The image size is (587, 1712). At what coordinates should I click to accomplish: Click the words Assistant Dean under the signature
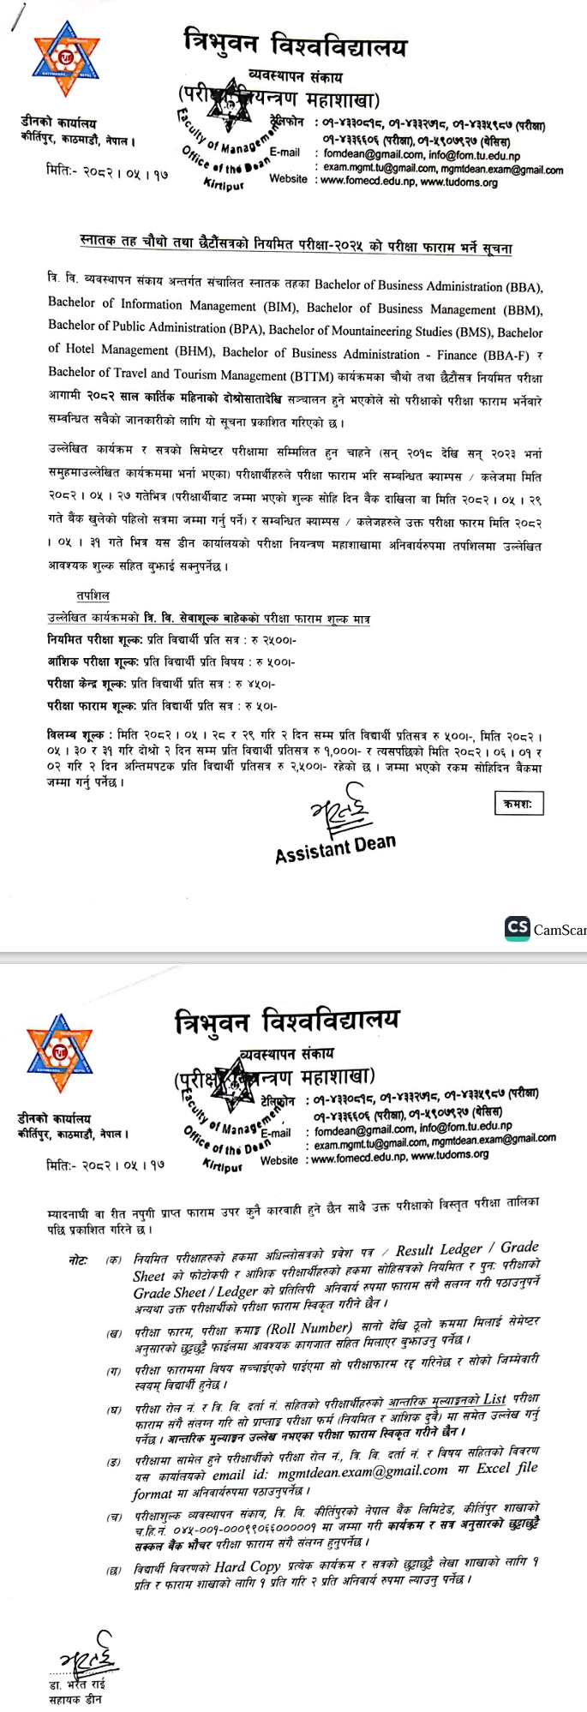coord(335,848)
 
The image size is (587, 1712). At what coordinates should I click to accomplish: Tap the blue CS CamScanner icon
coord(518,928)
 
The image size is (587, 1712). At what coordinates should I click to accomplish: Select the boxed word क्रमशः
coord(518,803)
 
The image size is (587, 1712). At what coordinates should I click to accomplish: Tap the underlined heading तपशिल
coord(93,596)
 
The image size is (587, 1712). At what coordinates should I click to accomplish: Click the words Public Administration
coord(171,327)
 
